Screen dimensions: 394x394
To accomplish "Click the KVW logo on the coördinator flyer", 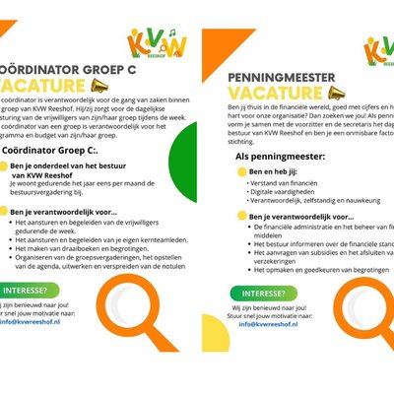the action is coord(150,44).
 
